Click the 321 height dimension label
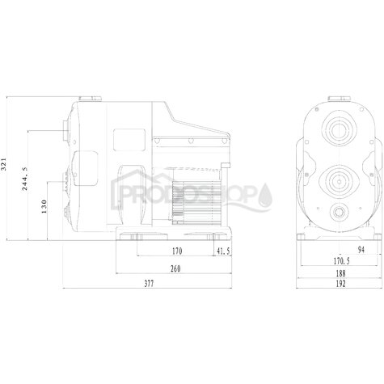tap(3, 164)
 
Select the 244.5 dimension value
tap(24, 179)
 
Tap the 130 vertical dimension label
tap(44, 206)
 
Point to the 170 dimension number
tap(177, 251)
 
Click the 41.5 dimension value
tap(223, 251)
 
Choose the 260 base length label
tap(175, 268)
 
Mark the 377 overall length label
tap(149, 284)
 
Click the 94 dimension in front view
tap(361, 250)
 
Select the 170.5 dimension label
tap(341, 261)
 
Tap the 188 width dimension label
tap(340, 273)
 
